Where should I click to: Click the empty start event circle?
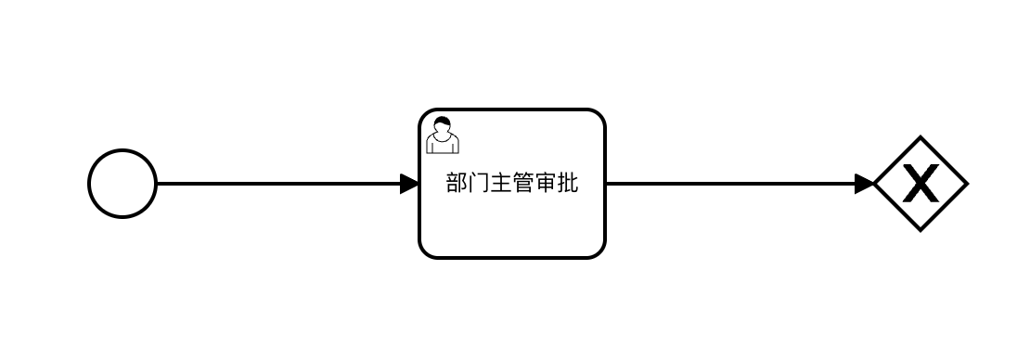click(x=122, y=184)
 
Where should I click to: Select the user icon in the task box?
click(x=443, y=135)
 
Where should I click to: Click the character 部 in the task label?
click(x=457, y=184)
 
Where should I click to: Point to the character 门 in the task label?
click(x=481, y=184)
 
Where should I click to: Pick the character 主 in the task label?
click(x=505, y=184)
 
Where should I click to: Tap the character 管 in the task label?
click(x=529, y=184)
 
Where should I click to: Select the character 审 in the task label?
click(x=553, y=184)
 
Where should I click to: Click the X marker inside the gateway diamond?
click(x=921, y=184)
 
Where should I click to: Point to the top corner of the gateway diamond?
click(x=921, y=138)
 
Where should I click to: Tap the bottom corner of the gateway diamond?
click(x=921, y=230)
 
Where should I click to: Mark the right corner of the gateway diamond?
click(x=966, y=184)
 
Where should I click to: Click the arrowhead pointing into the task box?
click(x=409, y=184)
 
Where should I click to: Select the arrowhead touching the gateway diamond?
click(x=864, y=184)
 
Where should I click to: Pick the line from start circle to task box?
click(x=278, y=184)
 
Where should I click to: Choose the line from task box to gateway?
click(x=733, y=184)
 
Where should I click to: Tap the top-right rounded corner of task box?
click(x=599, y=116)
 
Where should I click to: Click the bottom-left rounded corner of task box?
click(x=426, y=251)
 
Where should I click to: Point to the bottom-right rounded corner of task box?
click(x=599, y=251)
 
